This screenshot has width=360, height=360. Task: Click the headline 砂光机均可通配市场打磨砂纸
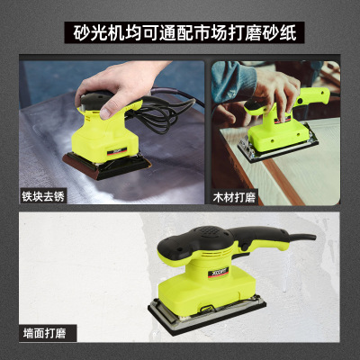[184, 32]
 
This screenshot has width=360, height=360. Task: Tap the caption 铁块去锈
[43, 196]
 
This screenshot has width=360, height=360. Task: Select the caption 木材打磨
[234, 198]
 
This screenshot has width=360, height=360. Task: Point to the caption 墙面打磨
[44, 334]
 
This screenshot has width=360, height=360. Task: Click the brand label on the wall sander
[220, 272]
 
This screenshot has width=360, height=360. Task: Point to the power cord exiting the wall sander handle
[302, 237]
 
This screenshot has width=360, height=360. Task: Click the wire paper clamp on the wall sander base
[207, 309]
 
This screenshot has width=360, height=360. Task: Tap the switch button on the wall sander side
[245, 247]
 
